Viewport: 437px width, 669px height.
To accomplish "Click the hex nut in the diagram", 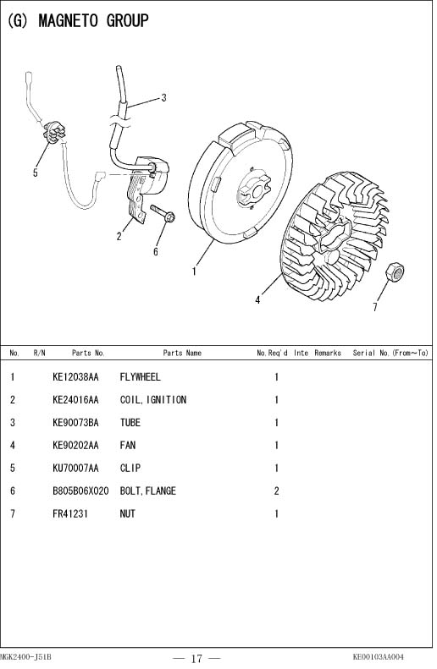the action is coord(395,272).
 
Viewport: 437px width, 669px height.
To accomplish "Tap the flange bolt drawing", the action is coord(163,213).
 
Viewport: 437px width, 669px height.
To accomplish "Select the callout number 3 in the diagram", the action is coord(163,98).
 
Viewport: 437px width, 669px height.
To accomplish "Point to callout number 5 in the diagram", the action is coord(36,173).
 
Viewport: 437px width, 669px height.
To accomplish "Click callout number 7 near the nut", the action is coord(375,307).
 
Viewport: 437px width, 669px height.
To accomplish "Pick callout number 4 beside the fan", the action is coord(257,300).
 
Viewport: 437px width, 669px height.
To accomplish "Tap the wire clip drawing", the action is coord(55,132).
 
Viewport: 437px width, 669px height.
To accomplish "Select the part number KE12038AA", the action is coord(75,376).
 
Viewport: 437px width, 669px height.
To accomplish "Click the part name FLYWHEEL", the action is coord(140,376).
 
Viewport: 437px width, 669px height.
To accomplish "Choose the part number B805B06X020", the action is coord(80,491).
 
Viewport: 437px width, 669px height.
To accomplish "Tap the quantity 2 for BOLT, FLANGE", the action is coord(276,491).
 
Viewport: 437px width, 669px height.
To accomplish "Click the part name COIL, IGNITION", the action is coord(153,400).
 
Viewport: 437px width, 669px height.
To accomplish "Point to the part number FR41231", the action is coord(70,513).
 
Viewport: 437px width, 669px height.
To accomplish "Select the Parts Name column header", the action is coord(182,353).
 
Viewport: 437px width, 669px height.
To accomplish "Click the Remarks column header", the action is coord(328,353).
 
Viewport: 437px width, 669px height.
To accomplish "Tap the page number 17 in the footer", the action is coord(196,658).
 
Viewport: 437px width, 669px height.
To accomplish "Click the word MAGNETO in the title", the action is coord(68,20).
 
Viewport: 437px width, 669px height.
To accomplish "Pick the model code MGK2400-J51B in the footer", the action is coord(25,656).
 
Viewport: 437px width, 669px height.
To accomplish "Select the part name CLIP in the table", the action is coord(130,468).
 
